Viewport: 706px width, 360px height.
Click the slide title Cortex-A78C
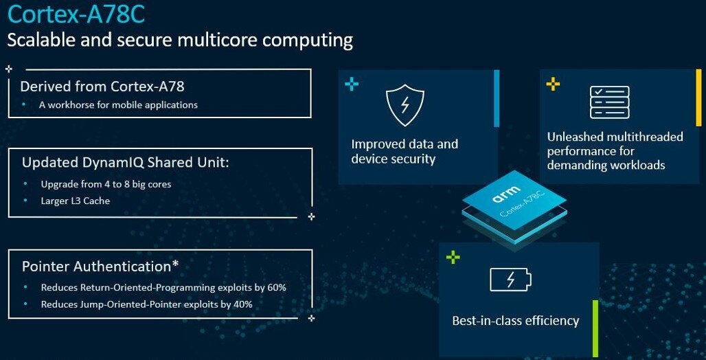tap(76, 14)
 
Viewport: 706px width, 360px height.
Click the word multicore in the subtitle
tap(218, 40)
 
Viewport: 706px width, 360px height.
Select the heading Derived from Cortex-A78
tap(102, 86)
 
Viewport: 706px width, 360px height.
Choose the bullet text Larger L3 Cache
tap(75, 201)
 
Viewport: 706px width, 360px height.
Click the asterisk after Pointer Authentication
tap(175, 265)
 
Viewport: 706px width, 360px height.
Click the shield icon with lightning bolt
tap(405, 106)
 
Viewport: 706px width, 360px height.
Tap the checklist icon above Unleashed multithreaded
tap(609, 102)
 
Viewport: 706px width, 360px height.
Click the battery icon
tap(510, 280)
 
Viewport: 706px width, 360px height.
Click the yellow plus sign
tap(553, 83)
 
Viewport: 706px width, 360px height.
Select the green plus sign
tap(453, 257)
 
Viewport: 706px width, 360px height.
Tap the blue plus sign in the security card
tap(352, 84)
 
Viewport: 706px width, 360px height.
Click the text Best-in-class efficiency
tap(515, 321)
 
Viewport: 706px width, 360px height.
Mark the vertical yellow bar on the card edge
tap(698, 98)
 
